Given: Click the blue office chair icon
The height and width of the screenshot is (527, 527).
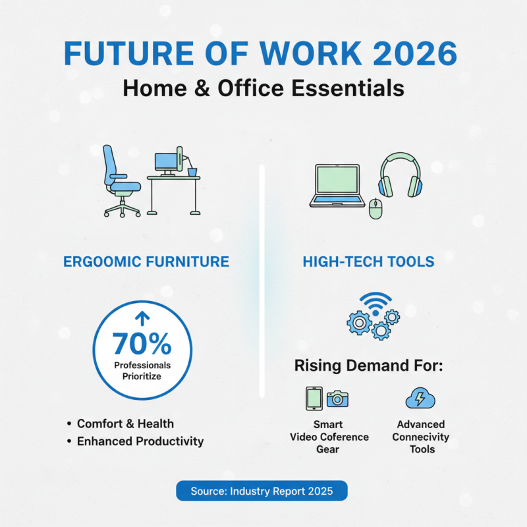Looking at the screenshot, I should point(122,181).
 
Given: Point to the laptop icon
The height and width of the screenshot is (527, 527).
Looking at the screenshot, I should point(337,186).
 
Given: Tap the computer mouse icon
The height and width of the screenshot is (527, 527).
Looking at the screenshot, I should point(375,209).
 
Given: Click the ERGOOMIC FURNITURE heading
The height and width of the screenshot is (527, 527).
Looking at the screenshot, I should point(146,262).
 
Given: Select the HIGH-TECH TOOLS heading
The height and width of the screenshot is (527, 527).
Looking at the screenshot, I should point(368,262).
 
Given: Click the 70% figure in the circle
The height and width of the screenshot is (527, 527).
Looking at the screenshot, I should point(142,343).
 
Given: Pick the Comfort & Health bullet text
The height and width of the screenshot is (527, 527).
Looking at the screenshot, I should point(125,424).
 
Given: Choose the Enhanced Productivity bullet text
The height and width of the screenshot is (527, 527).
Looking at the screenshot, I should point(140,441).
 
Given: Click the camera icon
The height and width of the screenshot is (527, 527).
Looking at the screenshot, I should point(338,399).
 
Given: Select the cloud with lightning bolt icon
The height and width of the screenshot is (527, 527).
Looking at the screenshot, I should point(420,399).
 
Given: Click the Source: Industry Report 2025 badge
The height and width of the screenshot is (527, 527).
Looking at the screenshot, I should point(262,491).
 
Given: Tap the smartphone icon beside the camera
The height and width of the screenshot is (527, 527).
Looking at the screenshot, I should point(314,399).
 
